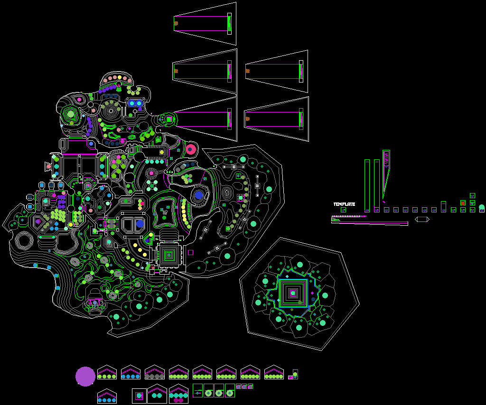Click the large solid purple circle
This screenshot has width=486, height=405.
click(x=85, y=376)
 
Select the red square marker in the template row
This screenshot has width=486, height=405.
click(x=463, y=203)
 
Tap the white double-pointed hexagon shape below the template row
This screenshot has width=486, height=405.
click(x=422, y=219)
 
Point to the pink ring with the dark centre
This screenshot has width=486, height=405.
click(x=191, y=149)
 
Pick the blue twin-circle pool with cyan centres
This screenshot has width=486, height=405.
click(x=135, y=103)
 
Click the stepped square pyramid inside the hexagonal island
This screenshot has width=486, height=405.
click(x=293, y=293)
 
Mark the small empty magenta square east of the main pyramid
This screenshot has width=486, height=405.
click(x=190, y=252)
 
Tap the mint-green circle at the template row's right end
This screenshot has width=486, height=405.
click(x=481, y=208)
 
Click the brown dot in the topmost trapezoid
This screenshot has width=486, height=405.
click(x=176, y=23)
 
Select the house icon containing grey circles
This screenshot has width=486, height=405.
click(x=155, y=372)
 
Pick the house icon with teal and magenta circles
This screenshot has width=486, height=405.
click(x=178, y=394)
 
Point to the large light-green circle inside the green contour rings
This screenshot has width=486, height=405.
click(x=71, y=114)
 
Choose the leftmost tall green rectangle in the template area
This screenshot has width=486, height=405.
click(x=367, y=185)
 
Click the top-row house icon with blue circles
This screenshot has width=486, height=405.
click(x=131, y=372)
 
